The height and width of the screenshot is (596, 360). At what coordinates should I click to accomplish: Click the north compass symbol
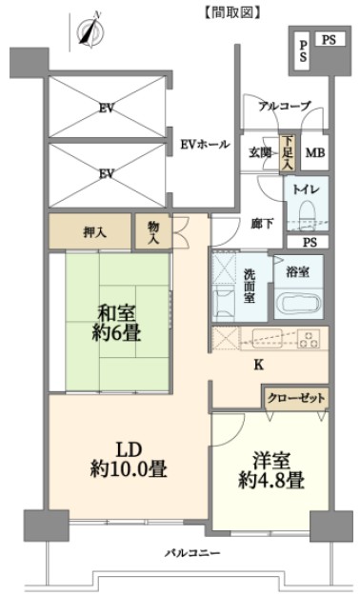(x=91, y=30)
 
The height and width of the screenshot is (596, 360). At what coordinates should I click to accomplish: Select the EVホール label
(x=205, y=145)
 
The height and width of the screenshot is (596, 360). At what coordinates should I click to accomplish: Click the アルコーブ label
(x=284, y=106)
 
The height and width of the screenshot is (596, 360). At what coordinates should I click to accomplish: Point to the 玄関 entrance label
(x=261, y=152)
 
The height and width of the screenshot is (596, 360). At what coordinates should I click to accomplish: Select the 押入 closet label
(x=93, y=231)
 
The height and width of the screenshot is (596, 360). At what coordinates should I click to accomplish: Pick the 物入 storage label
(x=152, y=231)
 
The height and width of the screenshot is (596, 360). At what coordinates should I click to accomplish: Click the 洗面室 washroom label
(x=249, y=286)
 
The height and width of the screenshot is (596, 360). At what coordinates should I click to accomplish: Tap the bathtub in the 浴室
(x=298, y=304)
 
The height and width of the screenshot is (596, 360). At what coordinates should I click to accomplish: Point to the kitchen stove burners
(x=309, y=338)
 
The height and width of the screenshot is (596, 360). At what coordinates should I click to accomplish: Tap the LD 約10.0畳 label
(x=128, y=459)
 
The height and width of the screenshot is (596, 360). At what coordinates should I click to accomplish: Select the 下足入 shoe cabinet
(x=286, y=152)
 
